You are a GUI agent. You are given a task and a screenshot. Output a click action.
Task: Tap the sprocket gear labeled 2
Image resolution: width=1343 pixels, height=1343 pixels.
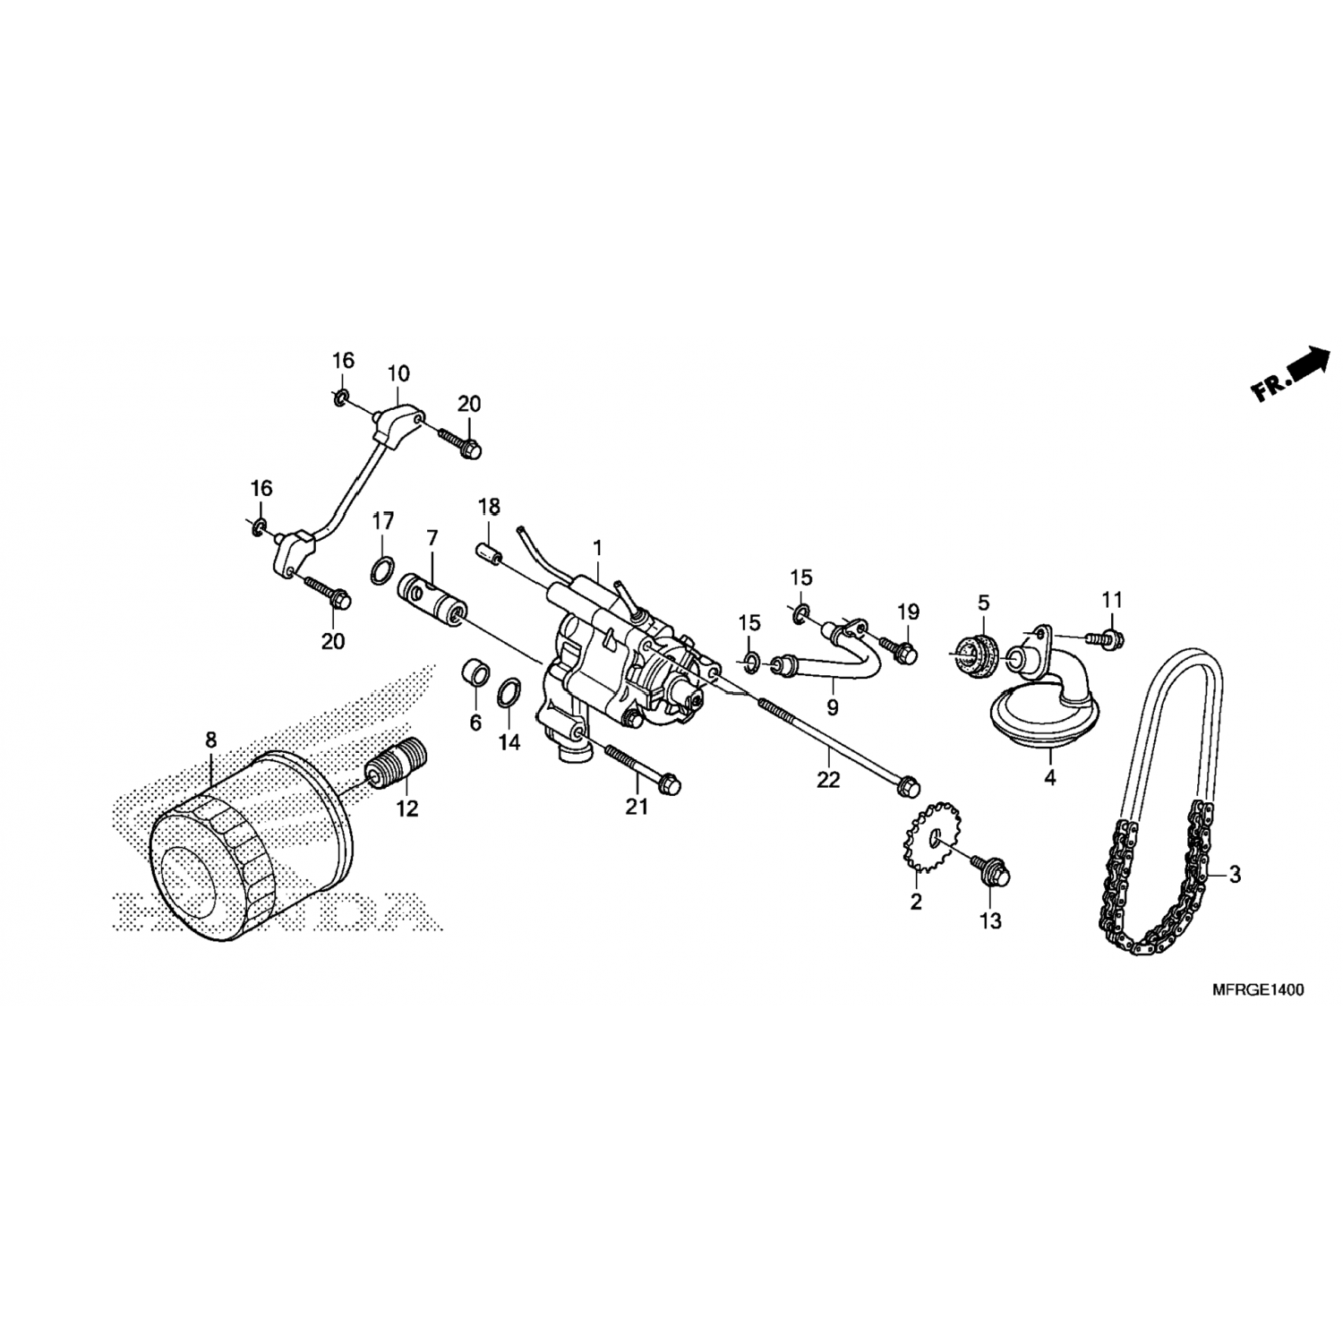(934, 840)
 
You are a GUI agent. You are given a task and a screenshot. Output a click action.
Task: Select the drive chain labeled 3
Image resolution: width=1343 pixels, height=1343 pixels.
(1159, 806)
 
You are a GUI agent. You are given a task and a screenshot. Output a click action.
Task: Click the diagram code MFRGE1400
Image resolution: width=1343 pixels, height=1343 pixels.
(1257, 990)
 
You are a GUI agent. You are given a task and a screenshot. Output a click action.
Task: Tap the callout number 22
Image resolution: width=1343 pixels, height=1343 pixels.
(828, 780)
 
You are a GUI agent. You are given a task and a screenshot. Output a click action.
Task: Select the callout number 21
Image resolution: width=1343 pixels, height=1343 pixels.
(636, 807)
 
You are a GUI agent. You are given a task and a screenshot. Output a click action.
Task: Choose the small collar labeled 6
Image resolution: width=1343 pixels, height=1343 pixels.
(475, 672)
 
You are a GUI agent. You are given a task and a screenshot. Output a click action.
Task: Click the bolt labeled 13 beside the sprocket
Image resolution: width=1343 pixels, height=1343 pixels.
(989, 868)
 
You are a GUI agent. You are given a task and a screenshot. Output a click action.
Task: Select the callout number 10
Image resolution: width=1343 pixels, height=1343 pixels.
(398, 372)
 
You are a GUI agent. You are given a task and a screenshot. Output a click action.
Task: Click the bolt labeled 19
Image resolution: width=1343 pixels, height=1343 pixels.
(895, 648)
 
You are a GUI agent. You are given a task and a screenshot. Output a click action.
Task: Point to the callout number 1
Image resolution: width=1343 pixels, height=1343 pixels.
(597, 547)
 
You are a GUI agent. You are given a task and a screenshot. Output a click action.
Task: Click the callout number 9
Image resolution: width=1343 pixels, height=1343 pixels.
(833, 708)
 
